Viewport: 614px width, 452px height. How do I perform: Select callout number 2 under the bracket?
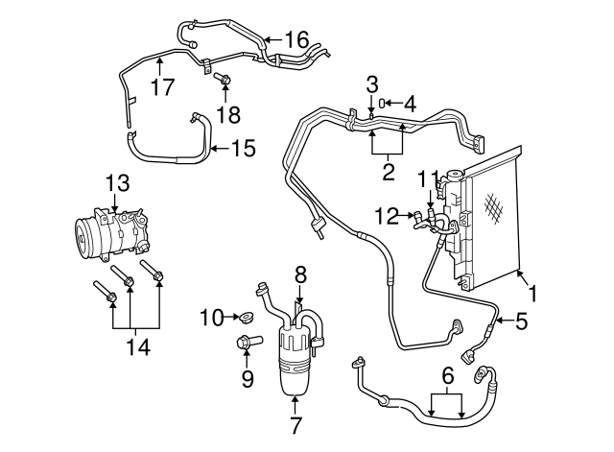click(x=389, y=172)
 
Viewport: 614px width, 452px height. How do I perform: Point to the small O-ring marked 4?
click(x=382, y=103)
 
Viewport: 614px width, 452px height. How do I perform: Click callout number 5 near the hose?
click(x=521, y=322)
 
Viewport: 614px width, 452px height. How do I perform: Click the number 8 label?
click(x=300, y=274)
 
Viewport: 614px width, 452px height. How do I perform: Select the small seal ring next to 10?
click(x=247, y=316)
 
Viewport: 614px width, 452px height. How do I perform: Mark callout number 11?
click(x=429, y=178)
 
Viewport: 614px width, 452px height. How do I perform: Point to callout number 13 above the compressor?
click(x=116, y=181)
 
